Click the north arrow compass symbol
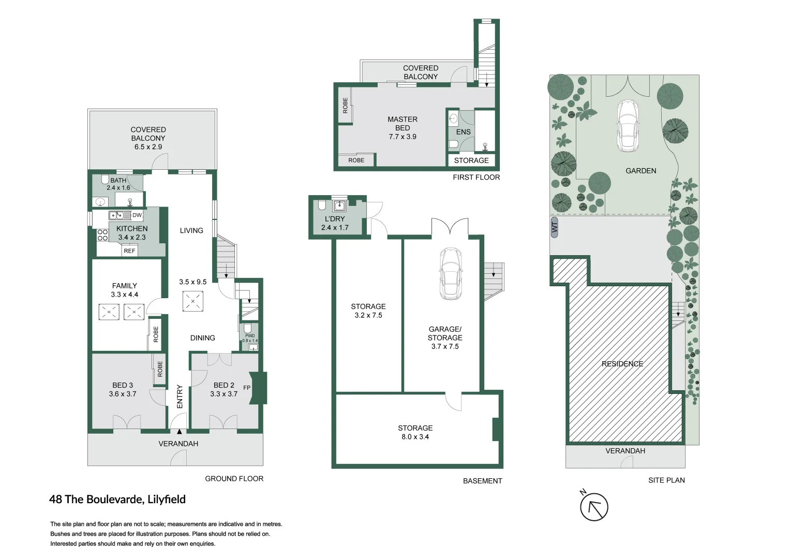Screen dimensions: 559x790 point(593,507)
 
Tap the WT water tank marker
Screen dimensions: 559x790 point(555,227)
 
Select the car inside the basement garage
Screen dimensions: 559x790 point(451,274)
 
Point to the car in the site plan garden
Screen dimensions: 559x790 point(627,126)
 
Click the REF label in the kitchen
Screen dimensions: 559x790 point(129,251)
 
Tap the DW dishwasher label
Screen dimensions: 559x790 point(137,215)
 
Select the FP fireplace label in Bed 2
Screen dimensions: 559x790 point(247,388)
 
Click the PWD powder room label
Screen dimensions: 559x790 point(250,336)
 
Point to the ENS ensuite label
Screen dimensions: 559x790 point(464,132)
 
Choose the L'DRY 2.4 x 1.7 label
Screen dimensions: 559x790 point(335,223)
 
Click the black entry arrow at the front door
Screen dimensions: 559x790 point(179,431)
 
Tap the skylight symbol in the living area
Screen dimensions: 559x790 point(193,301)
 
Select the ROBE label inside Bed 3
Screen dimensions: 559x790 point(160,369)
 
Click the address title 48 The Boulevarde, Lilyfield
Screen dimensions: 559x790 point(117,499)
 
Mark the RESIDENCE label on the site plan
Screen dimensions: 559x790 point(622,364)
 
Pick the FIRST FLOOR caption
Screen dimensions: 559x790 point(476,177)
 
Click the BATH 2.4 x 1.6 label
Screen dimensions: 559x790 point(118,184)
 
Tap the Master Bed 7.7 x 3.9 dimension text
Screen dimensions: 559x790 point(403,137)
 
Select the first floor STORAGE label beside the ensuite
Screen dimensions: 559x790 point(471,160)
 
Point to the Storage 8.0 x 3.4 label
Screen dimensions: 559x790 point(415,432)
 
